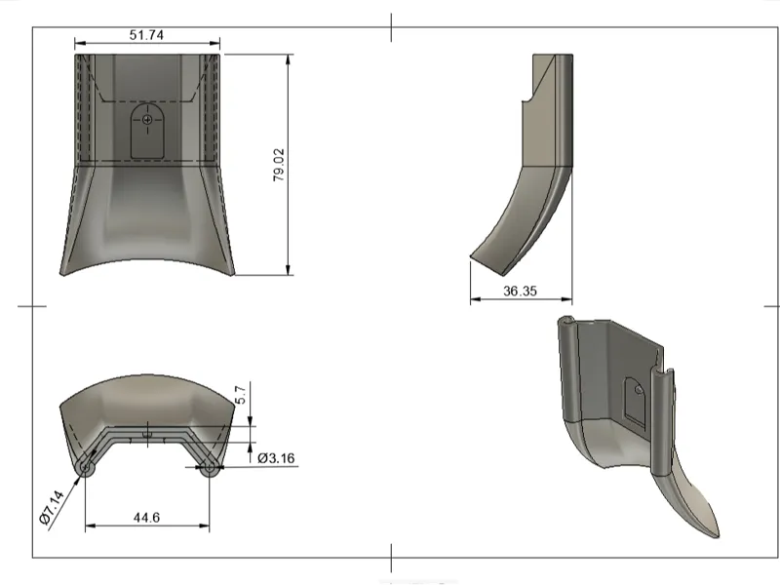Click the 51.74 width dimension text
pyautogui.click(x=146, y=35)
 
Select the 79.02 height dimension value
pyautogui.click(x=279, y=165)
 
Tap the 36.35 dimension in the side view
pyautogui.click(x=520, y=291)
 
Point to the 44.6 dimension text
pyautogui.click(x=146, y=518)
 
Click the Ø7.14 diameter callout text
pyautogui.click(x=52, y=507)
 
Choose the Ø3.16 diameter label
pyautogui.click(x=276, y=457)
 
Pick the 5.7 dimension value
pyautogui.click(x=240, y=395)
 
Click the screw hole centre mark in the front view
pyautogui.click(x=147, y=119)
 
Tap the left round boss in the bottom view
pyautogui.click(x=85, y=469)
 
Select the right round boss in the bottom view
pyautogui.click(x=209, y=469)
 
